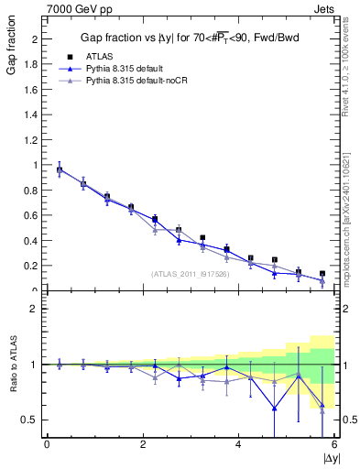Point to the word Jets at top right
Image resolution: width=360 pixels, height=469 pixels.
(x=325, y=8)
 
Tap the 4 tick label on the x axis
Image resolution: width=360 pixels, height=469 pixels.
(x=238, y=444)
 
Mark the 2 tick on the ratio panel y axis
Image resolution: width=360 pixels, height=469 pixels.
(x=35, y=309)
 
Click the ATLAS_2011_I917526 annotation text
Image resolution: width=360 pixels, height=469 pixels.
(x=190, y=274)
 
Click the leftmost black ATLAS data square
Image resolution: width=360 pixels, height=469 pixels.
(x=60, y=169)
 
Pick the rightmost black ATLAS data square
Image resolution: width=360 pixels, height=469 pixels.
(x=322, y=273)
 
